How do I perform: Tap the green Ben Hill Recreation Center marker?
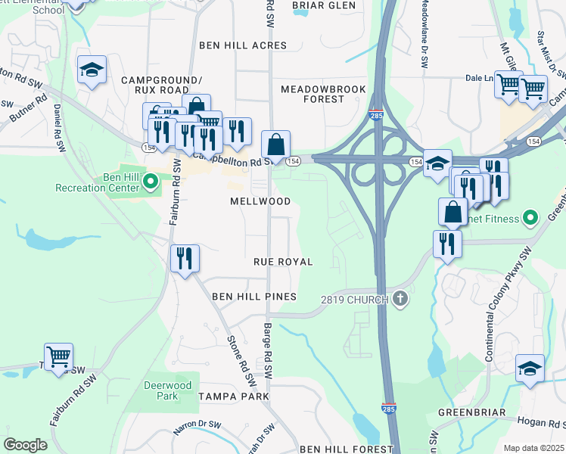point(151,180)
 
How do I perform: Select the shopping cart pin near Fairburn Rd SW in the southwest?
point(58,356)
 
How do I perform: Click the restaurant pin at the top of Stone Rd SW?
point(185,259)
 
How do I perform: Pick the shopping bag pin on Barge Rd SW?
point(276,145)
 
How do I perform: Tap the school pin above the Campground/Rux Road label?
point(92,72)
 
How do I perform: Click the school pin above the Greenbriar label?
point(530,368)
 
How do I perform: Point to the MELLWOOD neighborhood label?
point(260,202)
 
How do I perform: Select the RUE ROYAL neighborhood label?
point(283,262)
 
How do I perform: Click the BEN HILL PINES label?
point(253,297)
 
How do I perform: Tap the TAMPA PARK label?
point(229,396)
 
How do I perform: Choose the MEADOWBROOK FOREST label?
point(323,94)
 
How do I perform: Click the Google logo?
point(25,445)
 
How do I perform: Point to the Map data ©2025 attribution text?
point(533,448)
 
